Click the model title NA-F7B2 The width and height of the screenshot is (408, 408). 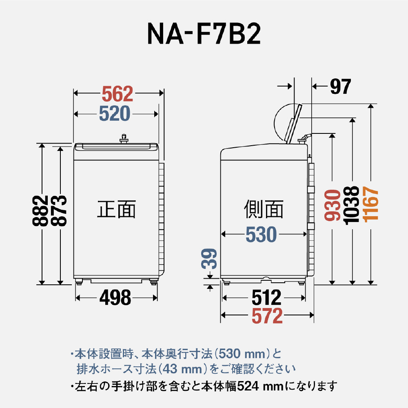(204, 35)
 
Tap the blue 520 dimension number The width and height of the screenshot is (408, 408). (114, 114)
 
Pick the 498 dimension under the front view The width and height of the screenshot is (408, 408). (115, 298)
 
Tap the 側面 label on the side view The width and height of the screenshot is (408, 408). (264, 209)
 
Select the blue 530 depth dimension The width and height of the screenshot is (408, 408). (261, 235)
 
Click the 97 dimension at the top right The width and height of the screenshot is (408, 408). (340, 86)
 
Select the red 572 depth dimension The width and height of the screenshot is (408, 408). (267, 316)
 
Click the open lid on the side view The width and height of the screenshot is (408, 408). (294, 124)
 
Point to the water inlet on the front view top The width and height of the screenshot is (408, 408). (123, 140)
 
